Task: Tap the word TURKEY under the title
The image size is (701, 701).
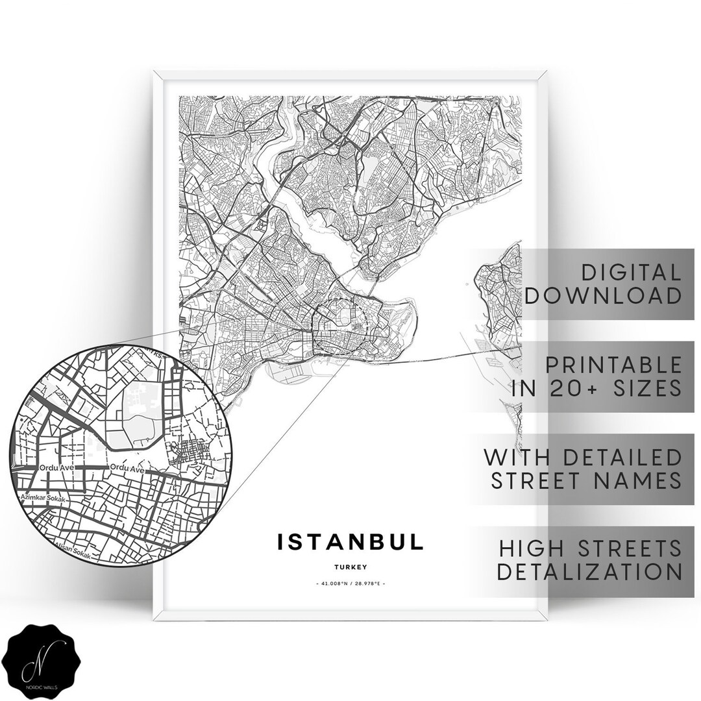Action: tap(351, 567)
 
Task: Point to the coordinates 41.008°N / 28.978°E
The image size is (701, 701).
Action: tap(350, 584)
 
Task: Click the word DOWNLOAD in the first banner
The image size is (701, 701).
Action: tap(603, 296)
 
